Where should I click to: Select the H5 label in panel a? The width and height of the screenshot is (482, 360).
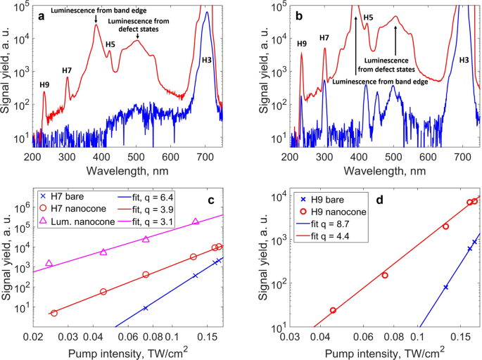[110, 44]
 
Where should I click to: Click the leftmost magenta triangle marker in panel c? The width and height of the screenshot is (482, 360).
[49, 263]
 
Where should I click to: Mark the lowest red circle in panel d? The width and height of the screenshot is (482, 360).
[333, 310]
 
